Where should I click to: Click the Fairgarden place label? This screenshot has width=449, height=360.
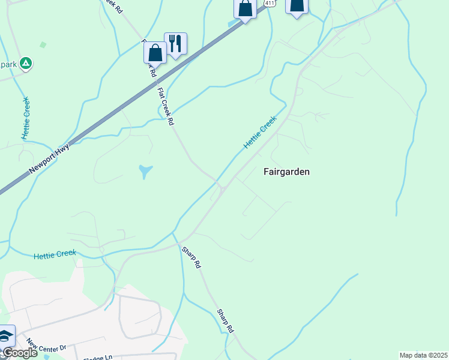(287, 172)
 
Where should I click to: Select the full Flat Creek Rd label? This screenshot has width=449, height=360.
(166, 107)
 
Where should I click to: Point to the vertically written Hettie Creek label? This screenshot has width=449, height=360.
(26, 118)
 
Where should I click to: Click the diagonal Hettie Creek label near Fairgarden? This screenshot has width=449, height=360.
(259, 133)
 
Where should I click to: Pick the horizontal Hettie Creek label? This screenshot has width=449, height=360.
(55, 254)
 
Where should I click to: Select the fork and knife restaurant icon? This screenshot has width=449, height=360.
(175, 44)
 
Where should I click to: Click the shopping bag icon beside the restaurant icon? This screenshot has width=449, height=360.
(155, 52)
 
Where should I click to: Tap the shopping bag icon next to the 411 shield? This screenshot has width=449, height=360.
(245, 9)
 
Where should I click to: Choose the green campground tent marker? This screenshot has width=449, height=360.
(26, 63)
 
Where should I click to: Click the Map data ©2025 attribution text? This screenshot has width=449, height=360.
(423, 355)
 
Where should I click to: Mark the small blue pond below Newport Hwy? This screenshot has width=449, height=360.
(145, 172)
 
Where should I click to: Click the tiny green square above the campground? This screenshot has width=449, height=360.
(43, 44)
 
